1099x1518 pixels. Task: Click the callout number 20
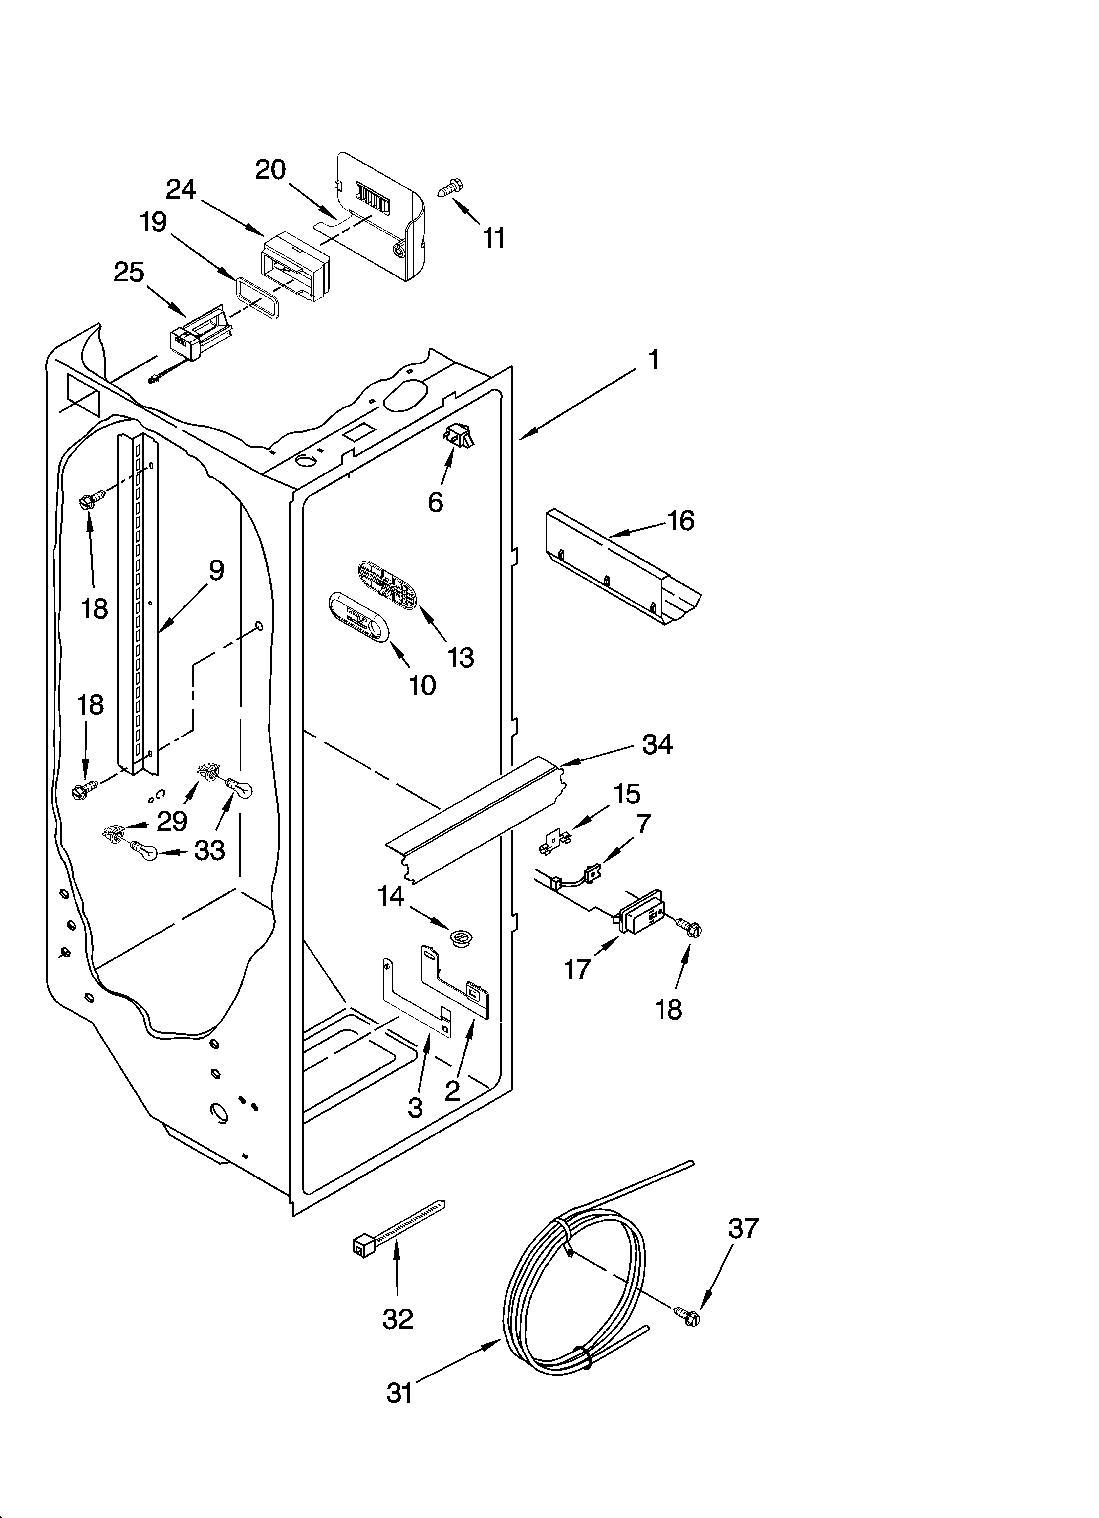click(x=270, y=170)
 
